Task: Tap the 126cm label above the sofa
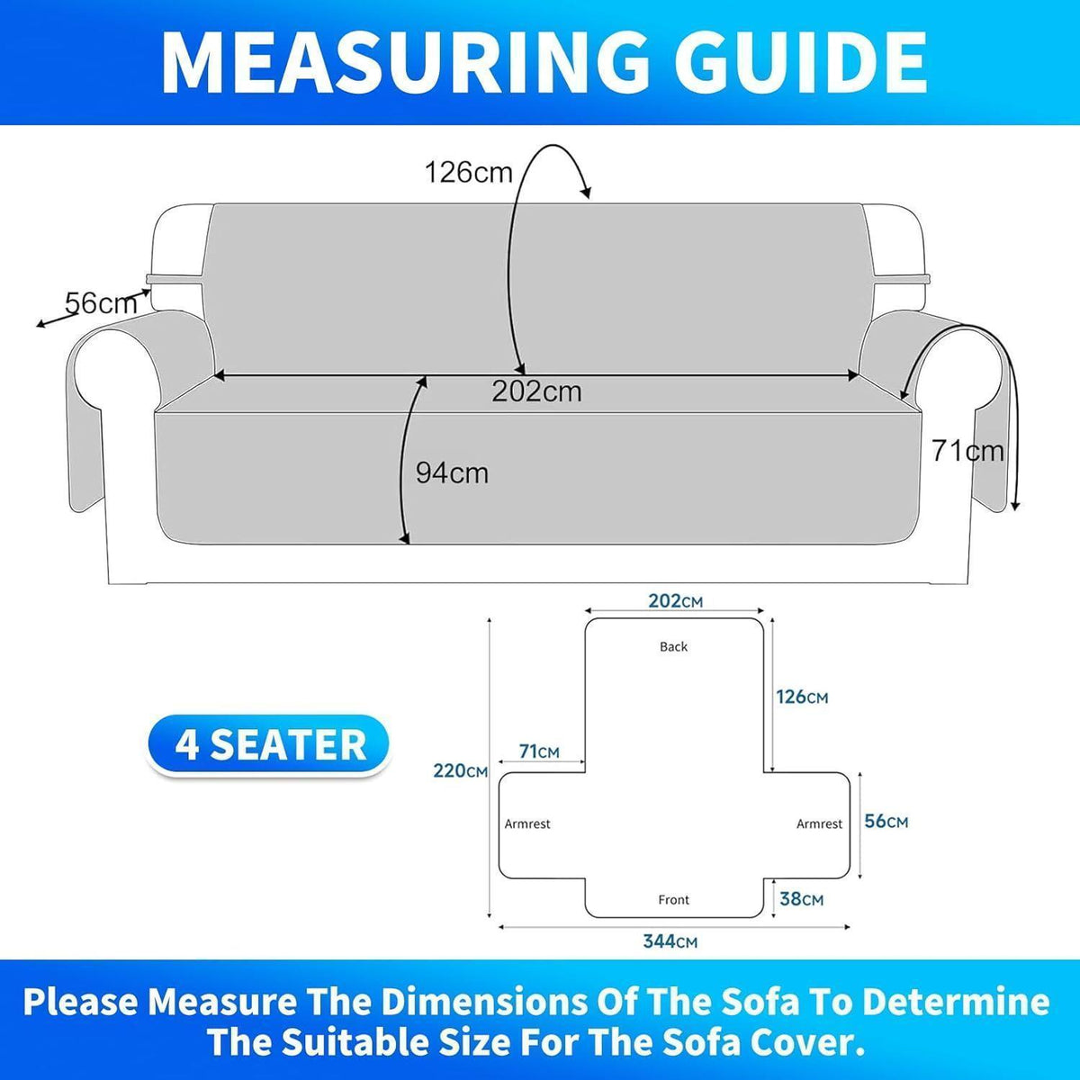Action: click(x=469, y=172)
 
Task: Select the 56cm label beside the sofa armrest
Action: click(x=101, y=304)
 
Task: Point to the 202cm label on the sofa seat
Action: click(x=537, y=391)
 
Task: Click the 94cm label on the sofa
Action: click(x=452, y=473)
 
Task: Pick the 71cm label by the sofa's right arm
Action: click(x=967, y=451)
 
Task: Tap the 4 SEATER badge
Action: click(x=268, y=745)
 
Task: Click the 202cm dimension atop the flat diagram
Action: click(x=675, y=601)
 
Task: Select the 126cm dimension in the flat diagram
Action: click(x=802, y=697)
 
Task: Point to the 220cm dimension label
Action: click(x=460, y=771)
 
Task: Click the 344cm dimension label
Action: click(x=670, y=941)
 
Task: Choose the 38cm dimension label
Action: click(x=802, y=899)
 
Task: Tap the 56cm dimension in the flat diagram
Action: click(x=886, y=822)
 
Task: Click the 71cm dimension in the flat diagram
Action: click(x=539, y=751)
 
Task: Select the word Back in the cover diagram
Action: click(x=674, y=647)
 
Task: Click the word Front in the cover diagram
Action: click(x=674, y=899)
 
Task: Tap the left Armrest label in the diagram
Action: click(x=527, y=823)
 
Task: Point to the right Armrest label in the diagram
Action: click(x=819, y=823)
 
